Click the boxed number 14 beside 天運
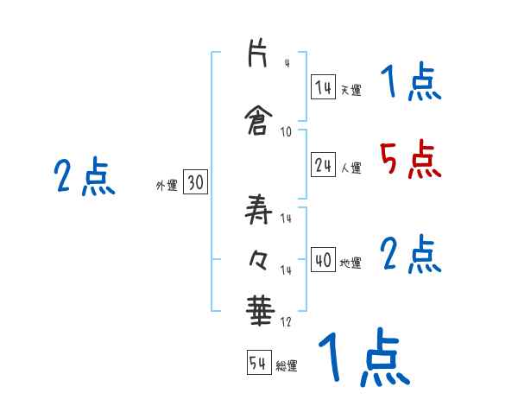tap(324, 86)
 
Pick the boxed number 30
tap(195, 183)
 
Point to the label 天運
tap(351, 88)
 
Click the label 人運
tap(351, 168)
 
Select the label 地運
tap(351, 263)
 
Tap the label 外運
tap(166, 185)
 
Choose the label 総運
tap(287, 366)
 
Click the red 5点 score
tap(408, 159)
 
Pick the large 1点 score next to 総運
tap(363, 358)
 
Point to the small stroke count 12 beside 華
tap(285, 322)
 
